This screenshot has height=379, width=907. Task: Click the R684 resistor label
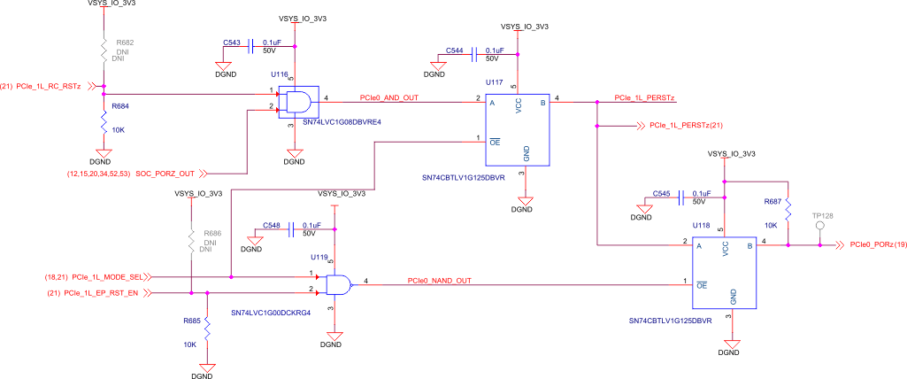click(120, 106)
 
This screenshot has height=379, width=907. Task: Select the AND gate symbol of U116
click(297, 101)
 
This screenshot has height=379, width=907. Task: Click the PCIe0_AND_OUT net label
click(388, 97)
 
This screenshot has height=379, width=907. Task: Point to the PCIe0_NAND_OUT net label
click(439, 281)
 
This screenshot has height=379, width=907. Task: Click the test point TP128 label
click(822, 216)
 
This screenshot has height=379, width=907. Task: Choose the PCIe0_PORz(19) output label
click(878, 244)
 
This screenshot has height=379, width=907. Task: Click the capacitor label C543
click(232, 42)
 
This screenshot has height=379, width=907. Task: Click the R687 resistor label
click(772, 202)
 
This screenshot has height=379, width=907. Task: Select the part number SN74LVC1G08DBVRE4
click(341, 122)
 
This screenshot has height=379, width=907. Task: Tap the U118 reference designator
click(701, 226)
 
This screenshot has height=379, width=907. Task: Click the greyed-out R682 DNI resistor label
click(124, 42)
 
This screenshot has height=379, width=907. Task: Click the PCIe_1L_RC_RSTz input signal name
click(49, 86)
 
